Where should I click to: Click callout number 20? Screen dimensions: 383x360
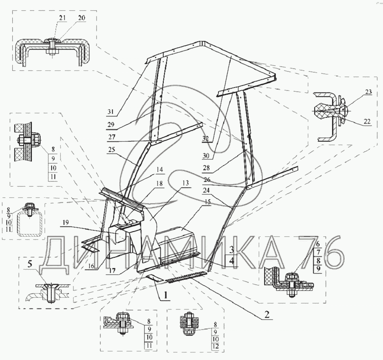tap(82, 18)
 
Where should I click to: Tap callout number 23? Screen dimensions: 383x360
tap(369, 92)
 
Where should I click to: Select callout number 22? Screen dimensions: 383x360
tap(367, 121)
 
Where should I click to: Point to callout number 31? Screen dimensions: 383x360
tap(110, 112)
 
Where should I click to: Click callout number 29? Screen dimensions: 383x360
tap(111, 125)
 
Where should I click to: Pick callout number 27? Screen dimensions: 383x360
tap(112, 137)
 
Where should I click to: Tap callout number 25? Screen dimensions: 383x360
tap(111, 150)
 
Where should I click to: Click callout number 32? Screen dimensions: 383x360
tap(206, 138)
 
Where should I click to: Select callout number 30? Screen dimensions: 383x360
tap(206, 155)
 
